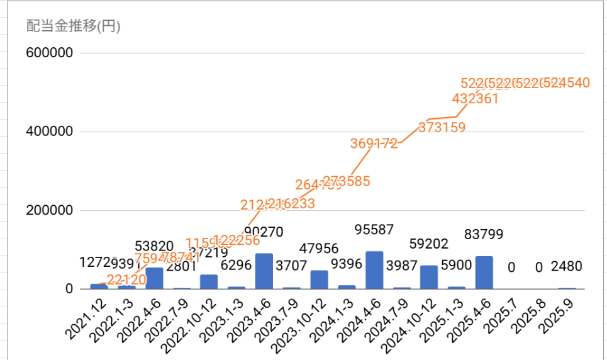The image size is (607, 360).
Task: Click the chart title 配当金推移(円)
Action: point(74,26)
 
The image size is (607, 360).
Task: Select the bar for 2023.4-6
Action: point(264,271)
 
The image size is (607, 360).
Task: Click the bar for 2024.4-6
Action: point(374,270)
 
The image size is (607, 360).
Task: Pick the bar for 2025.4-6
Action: point(484,273)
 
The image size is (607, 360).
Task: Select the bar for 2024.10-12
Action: point(429,278)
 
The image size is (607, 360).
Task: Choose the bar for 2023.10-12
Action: point(319,279)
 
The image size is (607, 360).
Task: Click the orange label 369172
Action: point(374,143)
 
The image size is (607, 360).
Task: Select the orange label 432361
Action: point(475,98)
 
